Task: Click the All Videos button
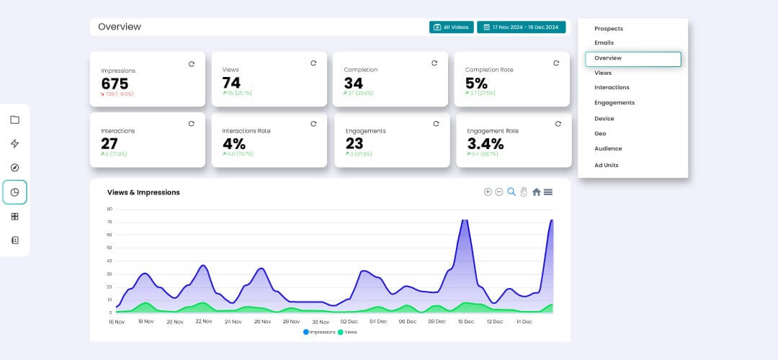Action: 451,27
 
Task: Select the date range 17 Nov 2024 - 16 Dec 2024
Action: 522,27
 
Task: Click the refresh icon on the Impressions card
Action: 192,64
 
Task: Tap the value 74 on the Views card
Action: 231,82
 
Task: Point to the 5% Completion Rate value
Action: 477,83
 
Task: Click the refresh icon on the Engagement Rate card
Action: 558,124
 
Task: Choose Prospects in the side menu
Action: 609,29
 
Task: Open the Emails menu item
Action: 604,43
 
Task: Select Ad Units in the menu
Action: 607,166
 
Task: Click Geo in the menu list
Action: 600,134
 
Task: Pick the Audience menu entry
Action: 608,149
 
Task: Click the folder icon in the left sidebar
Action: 15,120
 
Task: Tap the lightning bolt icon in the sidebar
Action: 15,144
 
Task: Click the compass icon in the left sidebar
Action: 15,168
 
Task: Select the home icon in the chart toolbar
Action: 536,192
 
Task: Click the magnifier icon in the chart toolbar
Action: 511,192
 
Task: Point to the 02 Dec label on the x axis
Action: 349,322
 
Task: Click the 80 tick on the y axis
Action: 109,209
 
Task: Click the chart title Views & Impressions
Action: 143,192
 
